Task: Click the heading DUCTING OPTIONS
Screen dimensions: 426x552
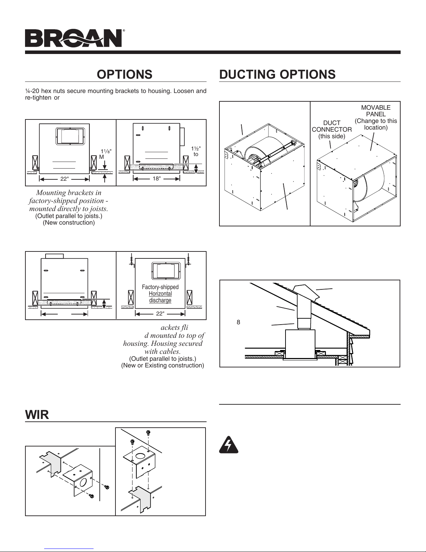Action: click(x=278, y=75)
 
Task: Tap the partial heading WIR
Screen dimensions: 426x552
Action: click(x=37, y=414)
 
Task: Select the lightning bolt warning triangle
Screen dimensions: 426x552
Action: click(x=228, y=445)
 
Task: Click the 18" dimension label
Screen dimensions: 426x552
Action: click(x=157, y=179)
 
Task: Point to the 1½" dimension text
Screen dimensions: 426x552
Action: click(x=196, y=148)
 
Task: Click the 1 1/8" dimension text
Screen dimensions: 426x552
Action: click(x=106, y=151)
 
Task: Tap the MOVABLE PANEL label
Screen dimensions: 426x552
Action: click(x=376, y=111)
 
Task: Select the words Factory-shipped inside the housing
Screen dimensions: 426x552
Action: click(x=160, y=287)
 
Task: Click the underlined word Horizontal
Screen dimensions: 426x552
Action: click(x=160, y=294)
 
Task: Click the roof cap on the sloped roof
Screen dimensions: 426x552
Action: click(x=306, y=293)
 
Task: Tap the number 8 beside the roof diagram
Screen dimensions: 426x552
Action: click(x=238, y=322)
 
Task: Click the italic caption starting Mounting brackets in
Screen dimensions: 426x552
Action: click(x=69, y=201)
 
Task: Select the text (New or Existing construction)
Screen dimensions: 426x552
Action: click(x=162, y=365)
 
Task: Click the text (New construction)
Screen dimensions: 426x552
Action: click(x=69, y=223)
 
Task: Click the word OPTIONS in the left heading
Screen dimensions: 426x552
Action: click(x=124, y=75)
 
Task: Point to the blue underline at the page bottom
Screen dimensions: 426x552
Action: click(x=69, y=549)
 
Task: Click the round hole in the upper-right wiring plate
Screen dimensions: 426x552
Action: click(x=139, y=457)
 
